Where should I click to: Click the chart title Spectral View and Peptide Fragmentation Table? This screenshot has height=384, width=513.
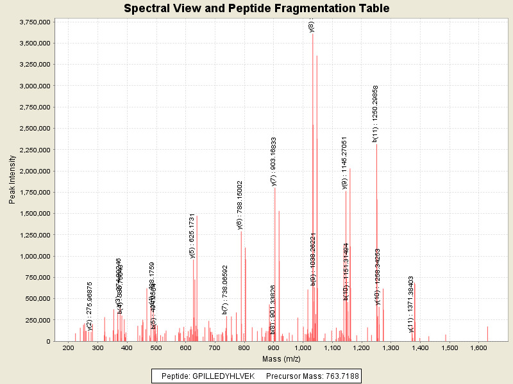[256, 8]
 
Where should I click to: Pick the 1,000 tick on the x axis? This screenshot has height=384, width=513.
[303, 348]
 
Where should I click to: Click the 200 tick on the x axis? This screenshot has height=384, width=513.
[68, 348]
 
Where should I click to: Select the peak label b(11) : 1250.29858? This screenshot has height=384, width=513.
[375, 113]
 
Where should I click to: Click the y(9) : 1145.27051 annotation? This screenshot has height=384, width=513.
[344, 163]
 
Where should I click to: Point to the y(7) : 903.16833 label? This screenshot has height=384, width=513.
[274, 162]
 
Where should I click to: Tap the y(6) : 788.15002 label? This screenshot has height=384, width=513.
[240, 205]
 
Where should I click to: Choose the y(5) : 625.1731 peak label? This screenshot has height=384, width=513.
[192, 236]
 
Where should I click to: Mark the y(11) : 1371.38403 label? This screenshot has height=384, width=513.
[411, 304]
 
